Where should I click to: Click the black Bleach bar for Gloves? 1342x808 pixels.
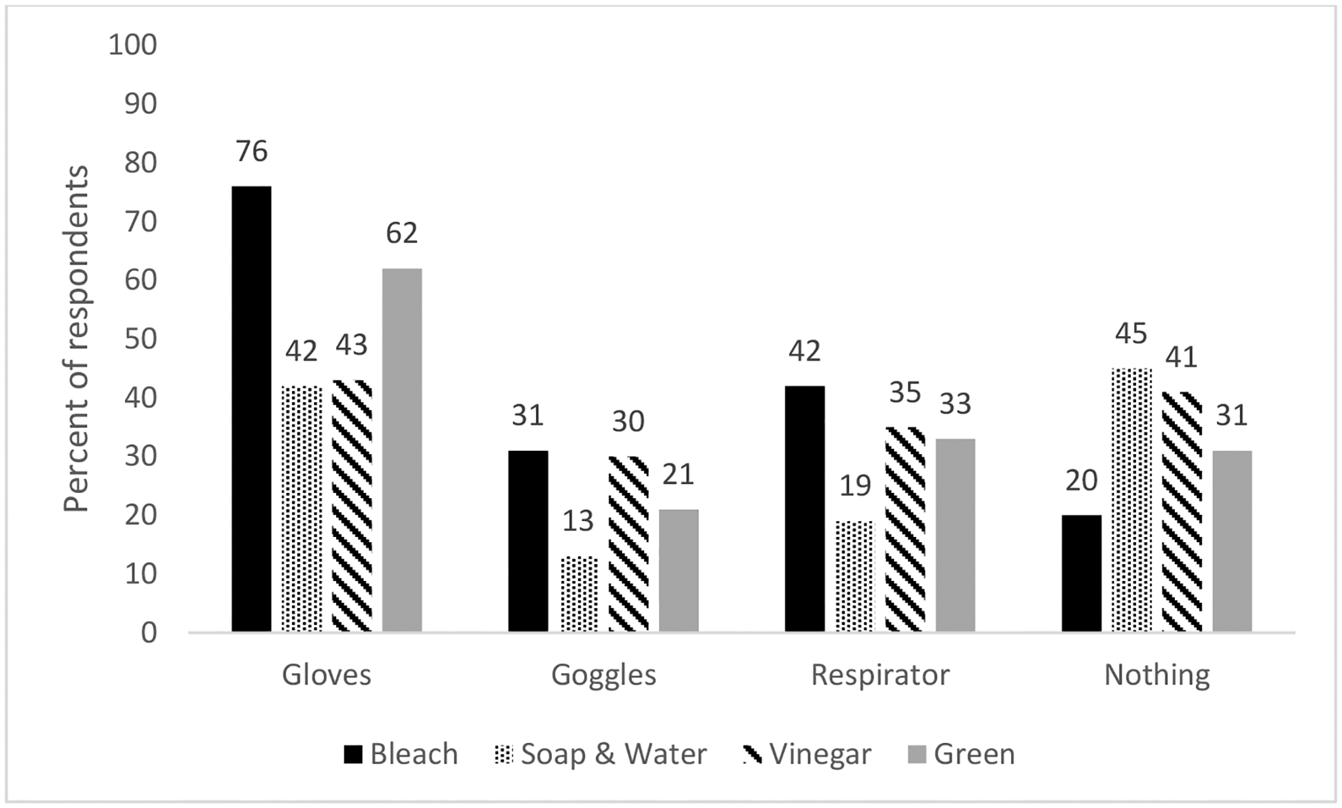251,408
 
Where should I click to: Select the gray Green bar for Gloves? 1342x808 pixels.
402,450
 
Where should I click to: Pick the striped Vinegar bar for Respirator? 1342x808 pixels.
905,529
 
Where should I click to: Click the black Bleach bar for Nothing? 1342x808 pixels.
1081,573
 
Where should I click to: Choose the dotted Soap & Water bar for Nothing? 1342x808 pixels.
1131,500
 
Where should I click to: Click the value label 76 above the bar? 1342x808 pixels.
252,152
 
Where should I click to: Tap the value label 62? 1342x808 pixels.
402,234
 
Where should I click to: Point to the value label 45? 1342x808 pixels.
1131,334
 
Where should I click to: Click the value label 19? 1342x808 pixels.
855,486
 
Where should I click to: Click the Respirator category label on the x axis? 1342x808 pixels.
880,675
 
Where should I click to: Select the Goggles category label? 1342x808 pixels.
604,675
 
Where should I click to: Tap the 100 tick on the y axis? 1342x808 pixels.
132,45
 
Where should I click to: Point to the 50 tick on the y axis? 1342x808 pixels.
140,340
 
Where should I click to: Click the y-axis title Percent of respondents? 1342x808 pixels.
76,340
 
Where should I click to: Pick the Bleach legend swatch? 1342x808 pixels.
353,755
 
